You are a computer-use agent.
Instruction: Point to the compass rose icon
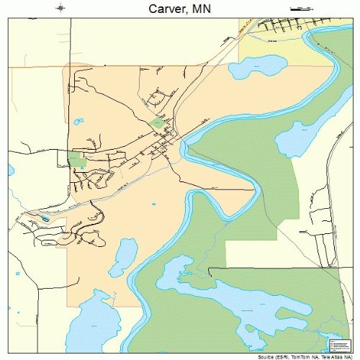61,7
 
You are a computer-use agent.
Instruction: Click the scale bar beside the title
298,7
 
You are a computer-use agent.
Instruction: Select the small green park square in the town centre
158,123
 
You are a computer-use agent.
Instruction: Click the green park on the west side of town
77,160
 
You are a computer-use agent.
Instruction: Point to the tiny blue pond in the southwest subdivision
45,217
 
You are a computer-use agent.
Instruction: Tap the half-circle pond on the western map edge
11,171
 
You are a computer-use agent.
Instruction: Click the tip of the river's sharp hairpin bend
256,189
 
